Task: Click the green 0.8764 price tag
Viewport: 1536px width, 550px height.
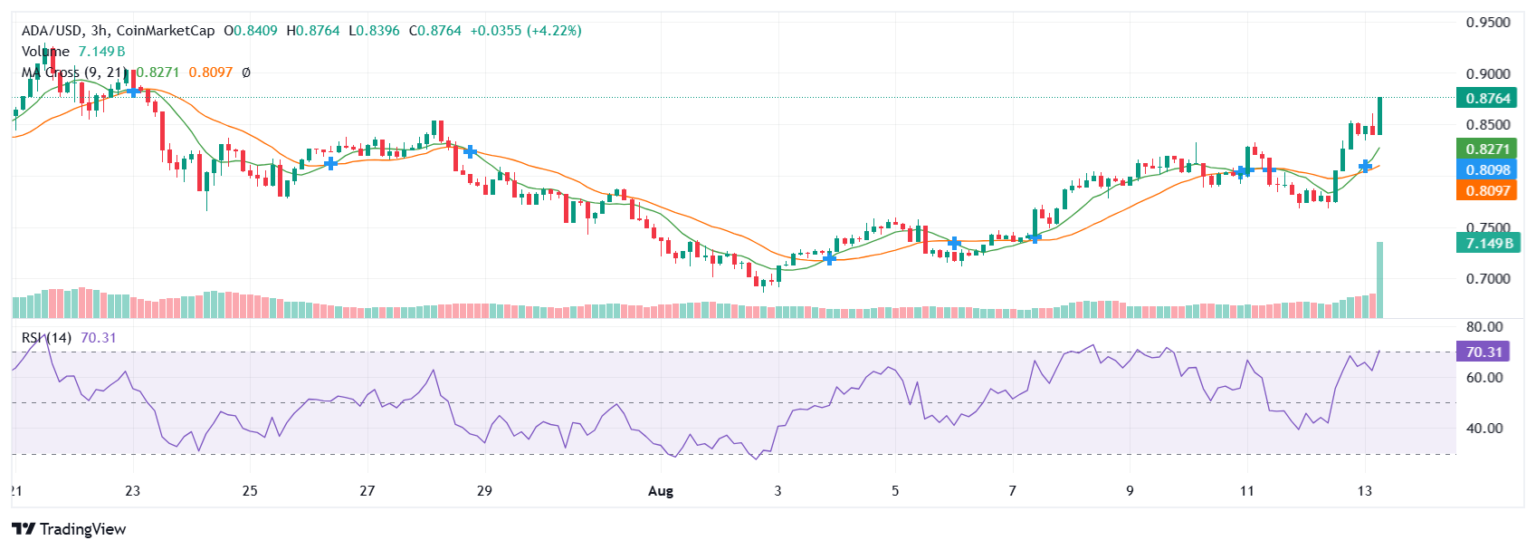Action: (1487, 98)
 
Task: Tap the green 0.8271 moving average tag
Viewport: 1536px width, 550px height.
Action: (1487, 149)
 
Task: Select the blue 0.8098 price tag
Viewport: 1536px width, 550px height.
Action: (1487, 169)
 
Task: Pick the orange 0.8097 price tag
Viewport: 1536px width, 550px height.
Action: (1487, 190)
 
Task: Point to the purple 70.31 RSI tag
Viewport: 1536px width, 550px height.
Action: (1484, 352)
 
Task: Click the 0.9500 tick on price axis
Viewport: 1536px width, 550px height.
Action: (1487, 23)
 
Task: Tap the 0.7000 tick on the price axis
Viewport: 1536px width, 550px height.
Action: (1487, 278)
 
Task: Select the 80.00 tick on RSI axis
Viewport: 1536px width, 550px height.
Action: (1484, 326)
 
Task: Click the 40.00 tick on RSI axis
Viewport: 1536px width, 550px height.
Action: (1484, 428)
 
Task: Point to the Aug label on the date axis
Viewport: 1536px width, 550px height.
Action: (661, 491)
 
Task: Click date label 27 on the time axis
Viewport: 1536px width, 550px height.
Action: (367, 491)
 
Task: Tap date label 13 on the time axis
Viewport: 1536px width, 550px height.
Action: (1364, 491)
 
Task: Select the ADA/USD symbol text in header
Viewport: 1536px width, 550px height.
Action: (52, 31)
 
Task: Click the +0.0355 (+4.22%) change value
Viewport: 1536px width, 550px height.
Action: (526, 31)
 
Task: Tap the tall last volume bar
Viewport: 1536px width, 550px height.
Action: (1379, 281)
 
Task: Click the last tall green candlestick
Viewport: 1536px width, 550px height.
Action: (1379, 116)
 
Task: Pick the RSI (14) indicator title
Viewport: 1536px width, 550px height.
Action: (46, 338)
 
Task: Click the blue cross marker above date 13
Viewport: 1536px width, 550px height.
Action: (1365, 166)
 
